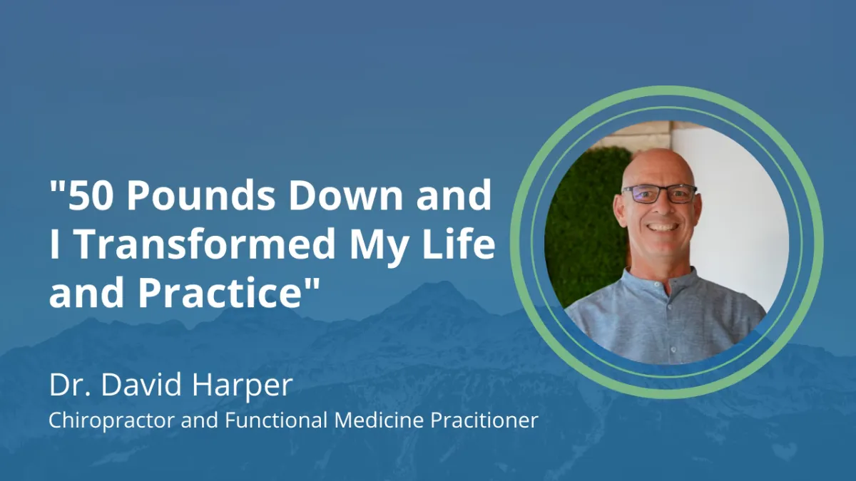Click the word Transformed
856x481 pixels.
[x=206, y=244]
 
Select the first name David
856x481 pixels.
[x=141, y=385]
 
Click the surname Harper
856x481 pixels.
[x=243, y=387]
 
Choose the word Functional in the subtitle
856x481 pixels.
[x=276, y=420]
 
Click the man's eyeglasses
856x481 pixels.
[x=660, y=194]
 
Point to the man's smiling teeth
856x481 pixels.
[x=662, y=227]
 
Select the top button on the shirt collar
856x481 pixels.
[x=655, y=285]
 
